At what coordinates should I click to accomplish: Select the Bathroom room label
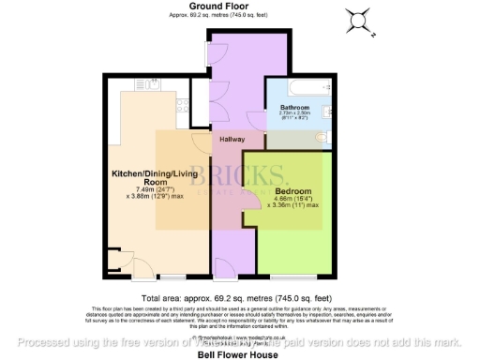pyautogui.click(x=294, y=109)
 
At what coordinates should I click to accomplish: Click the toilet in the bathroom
pyautogui.click(x=322, y=138)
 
